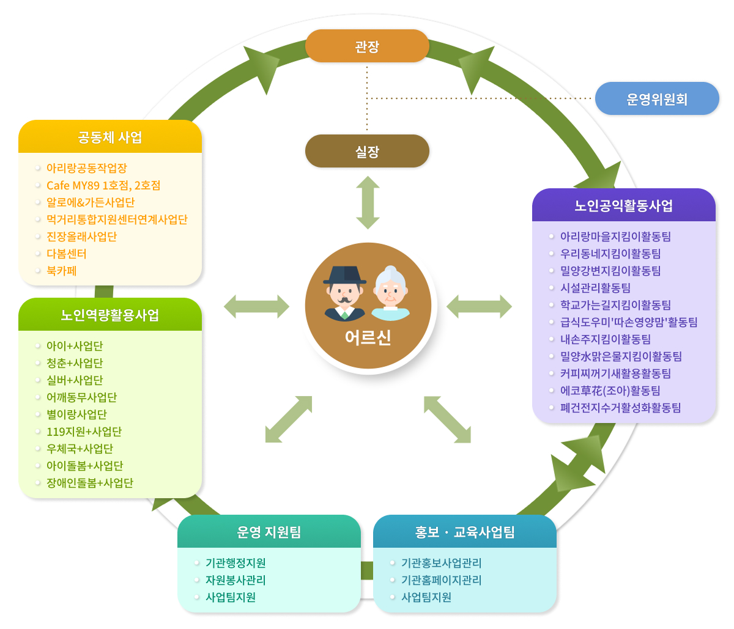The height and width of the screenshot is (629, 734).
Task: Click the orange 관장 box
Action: point(367,46)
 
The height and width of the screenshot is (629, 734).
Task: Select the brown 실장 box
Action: point(367,151)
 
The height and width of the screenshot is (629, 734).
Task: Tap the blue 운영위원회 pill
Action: point(656,98)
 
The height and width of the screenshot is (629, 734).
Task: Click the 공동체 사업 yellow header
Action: point(110,137)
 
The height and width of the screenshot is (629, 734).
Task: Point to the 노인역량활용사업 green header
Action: point(110,314)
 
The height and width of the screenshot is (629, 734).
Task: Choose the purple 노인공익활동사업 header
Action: point(623,205)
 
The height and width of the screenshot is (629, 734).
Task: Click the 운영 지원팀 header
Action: point(269,531)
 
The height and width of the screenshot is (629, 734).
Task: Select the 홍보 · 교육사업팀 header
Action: point(464,531)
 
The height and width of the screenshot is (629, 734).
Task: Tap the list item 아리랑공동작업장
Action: point(87,168)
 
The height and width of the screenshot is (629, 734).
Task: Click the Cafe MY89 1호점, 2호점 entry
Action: point(103,185)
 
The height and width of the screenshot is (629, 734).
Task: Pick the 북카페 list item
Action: point(61,271)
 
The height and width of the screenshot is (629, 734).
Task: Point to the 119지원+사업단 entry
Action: point(84,432)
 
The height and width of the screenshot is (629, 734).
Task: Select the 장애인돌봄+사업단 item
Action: point(90,483)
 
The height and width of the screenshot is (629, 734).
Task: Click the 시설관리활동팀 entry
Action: point(595,288)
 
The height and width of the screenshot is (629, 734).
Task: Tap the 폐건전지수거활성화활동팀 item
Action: point(620,408)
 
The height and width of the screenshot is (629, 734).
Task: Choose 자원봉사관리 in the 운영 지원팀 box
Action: point(235,580)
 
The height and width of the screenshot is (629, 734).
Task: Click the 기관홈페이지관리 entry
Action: point(441,580)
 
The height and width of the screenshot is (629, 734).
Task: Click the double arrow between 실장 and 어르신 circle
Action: point(368,203)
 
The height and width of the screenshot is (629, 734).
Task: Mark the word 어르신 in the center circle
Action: point(368,337)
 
